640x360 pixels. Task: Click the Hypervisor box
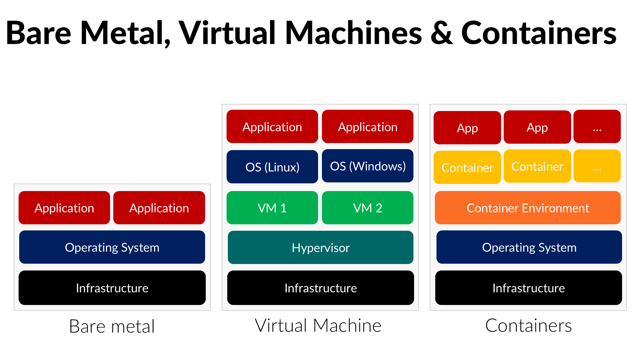click(x=320, y=247)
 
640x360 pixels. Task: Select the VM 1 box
click(x=272, y=208)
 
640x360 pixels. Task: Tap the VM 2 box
click(x=367, y=208)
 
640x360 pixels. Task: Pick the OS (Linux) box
click(x=272, y=167)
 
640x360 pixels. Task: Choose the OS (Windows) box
click(x=367, y=166)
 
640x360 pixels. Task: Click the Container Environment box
click(x=528, y=208)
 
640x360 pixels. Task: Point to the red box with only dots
click(x=597, y=127)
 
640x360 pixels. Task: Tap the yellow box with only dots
click(x=597, y=166)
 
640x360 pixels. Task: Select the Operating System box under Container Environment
click(x=529, y=247)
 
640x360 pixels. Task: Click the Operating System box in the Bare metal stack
click(x=112, y=247)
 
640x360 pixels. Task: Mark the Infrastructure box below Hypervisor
click(x=320, y=288)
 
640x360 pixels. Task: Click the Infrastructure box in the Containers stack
click(x=528, y=288)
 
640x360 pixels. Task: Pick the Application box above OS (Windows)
click(x=367, y=127)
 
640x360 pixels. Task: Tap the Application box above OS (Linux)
click(x=272, y=127)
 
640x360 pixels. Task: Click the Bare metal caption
click(x=112, y=326)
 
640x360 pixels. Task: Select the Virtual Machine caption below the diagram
click(x=318, y=325)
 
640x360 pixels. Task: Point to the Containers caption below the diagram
click(x=528, y=325)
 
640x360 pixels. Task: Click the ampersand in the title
click(x=442, y=33)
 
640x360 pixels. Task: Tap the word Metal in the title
click(x=125, y=33)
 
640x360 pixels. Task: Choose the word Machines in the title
click(x=353, y=33)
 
